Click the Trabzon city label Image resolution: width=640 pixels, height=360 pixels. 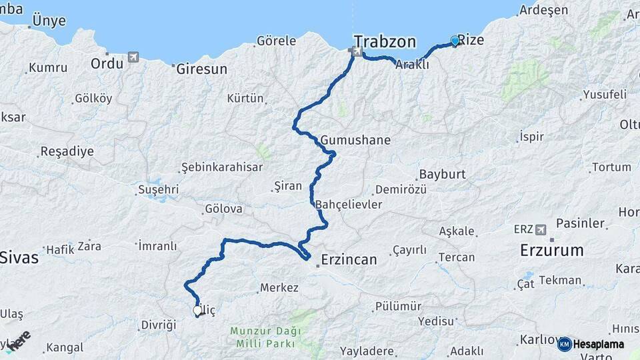click(385, 41)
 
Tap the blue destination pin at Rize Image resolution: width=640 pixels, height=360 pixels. click(455, 41)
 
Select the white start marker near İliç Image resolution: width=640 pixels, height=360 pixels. click(197, 310)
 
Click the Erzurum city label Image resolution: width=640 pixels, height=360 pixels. click(552, 251)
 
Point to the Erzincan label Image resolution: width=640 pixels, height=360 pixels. click(349, 259)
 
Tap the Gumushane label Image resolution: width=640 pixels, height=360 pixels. click(355, 141)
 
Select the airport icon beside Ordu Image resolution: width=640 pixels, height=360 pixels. click(134, 57)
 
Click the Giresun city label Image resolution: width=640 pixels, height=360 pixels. click(201, 69)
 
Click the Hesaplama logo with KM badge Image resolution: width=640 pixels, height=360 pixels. click(591, 344)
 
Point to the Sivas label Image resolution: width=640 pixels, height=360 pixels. click(19, 257)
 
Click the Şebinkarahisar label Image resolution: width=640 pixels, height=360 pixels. click(222, 167)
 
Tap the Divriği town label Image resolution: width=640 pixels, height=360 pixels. click(158, 325)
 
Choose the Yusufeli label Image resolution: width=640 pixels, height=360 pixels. click(605, 94)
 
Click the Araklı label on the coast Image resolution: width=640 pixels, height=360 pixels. click(412, 65)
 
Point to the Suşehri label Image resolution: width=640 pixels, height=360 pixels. click(158, 189)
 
